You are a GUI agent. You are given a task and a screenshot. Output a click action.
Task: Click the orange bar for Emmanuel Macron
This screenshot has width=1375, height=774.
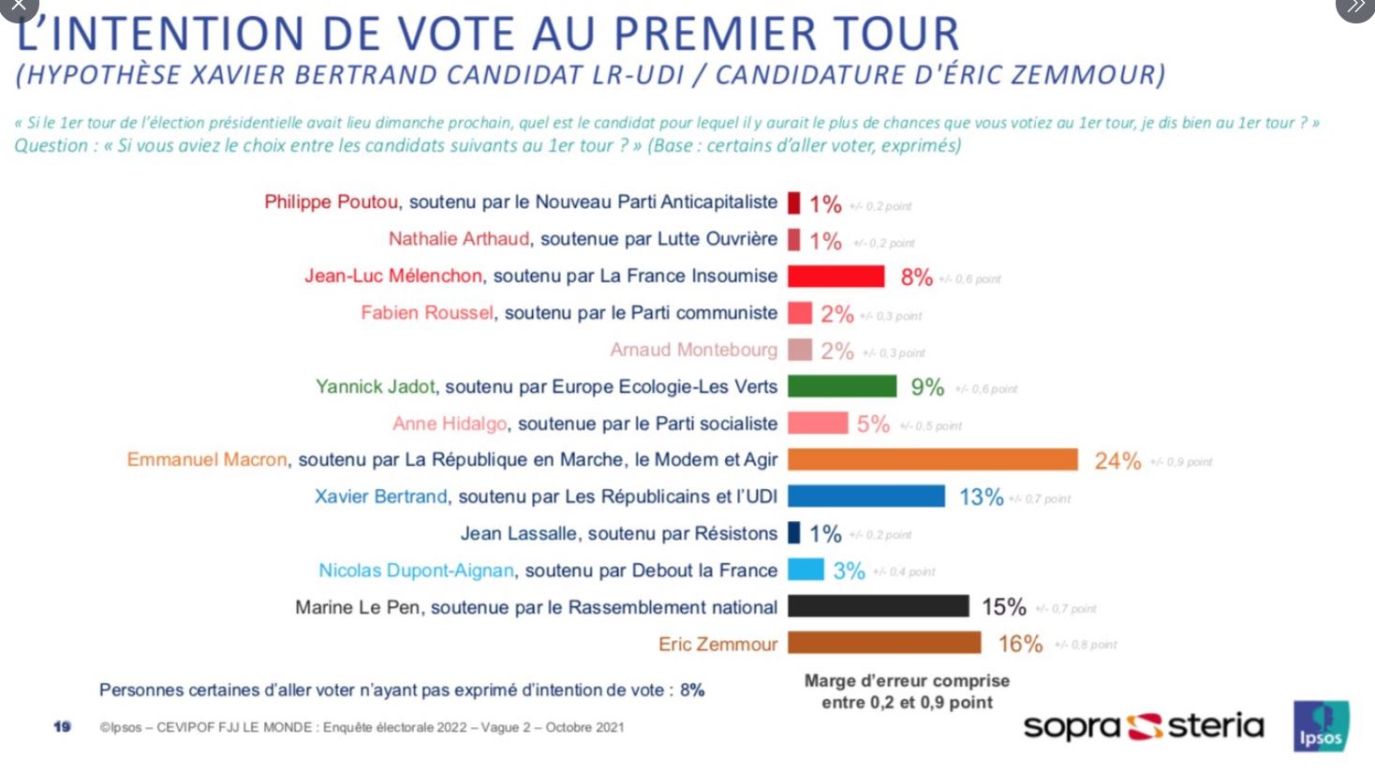[932, 459]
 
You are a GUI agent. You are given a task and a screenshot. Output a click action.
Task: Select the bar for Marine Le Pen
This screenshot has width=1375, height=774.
[878, 606]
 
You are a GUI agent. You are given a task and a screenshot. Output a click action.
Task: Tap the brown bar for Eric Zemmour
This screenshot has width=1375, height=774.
[883, 643]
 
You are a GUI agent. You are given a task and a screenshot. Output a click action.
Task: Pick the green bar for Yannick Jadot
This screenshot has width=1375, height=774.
[841, 386]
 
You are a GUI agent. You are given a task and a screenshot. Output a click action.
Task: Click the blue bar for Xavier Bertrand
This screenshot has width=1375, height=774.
[865, 496]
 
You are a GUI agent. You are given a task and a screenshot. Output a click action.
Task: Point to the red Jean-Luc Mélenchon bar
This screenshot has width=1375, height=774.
[835, 275]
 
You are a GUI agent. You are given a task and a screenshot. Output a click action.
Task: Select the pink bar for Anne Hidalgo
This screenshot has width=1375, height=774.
[817, 423]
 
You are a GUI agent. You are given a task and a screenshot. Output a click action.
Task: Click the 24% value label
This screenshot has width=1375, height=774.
[1117, 460]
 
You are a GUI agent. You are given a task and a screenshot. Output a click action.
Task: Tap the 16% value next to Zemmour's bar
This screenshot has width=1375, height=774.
[1020, 644]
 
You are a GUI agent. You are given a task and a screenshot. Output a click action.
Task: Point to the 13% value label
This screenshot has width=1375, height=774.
[981, 497]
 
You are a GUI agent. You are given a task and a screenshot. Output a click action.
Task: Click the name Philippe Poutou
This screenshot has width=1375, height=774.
[332, 201]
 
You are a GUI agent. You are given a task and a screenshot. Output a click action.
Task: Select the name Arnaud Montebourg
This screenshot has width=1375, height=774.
[693, 350]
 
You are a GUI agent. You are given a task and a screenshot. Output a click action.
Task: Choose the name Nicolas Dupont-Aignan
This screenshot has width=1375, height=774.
[416, 570]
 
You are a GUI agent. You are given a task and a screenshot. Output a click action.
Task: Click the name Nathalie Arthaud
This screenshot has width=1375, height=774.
[459, 239]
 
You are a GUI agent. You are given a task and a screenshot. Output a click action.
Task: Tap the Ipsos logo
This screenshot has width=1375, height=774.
[1321, 725]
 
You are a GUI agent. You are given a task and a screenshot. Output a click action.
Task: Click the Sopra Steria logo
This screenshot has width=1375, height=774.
[1143, 726]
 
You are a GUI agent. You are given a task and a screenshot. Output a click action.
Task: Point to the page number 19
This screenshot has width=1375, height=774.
[62, 726]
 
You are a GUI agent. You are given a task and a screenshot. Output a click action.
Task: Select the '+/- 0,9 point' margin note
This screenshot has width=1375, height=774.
[1181, 462]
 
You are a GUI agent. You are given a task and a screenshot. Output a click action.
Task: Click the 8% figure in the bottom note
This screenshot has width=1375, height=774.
[692, 690]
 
